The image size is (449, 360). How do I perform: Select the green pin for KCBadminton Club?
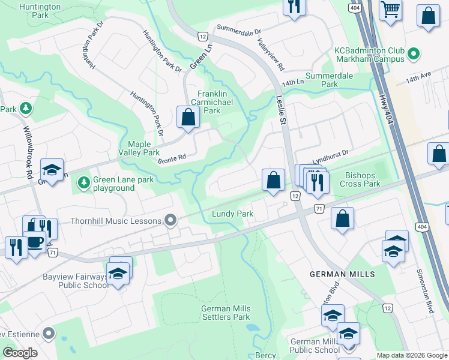[x=412, y=55]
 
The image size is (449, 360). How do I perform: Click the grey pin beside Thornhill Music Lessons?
[x=171, y=221]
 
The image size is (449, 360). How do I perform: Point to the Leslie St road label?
[x=280, y=111]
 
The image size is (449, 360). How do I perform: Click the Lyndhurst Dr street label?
[x=330, y=154]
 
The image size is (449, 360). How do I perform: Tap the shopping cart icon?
[x=391, y=10]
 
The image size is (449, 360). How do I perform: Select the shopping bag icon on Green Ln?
[x=188, y=117]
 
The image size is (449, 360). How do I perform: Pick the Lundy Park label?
[x=232, y=214]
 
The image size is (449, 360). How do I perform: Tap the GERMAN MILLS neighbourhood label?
[x=342, y=274]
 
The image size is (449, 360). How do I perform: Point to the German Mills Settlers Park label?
[x=226, y=313]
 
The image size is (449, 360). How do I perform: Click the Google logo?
[x=20, y=353]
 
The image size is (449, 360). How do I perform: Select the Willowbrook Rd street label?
[x=28, y=151]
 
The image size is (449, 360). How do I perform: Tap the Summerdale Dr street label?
[x=240, y=28]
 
